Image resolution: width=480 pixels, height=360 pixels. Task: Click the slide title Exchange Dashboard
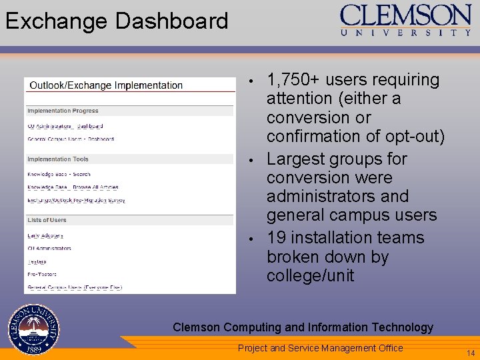[x=117, y=21]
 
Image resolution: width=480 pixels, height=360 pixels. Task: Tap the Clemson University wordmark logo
[x=405, y=20]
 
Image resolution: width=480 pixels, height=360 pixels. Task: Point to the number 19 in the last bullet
[x=276, y=238]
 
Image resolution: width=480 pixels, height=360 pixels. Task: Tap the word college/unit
[x=310, y=275]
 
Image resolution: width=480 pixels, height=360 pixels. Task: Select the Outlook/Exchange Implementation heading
[x=106, y=85]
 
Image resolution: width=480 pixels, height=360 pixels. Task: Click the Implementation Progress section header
[x=63, y=111]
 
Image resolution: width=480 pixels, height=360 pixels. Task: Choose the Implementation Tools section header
[x=58, y=159]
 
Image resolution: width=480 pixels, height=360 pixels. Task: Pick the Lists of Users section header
[x=47, y=220]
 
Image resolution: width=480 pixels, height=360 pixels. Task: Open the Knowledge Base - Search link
[x=59, y=175]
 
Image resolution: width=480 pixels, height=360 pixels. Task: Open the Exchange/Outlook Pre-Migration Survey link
[x=76, y=200]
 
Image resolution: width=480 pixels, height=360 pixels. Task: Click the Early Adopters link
[x=45, y=235]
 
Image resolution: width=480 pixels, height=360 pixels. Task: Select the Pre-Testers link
[x=42, y=274]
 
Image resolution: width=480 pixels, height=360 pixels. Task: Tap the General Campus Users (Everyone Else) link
[x=75, y=287]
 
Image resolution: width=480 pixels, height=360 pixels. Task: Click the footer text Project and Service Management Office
[x=320, y=348]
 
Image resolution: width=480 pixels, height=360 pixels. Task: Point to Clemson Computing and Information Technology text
[x=303, y=327]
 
